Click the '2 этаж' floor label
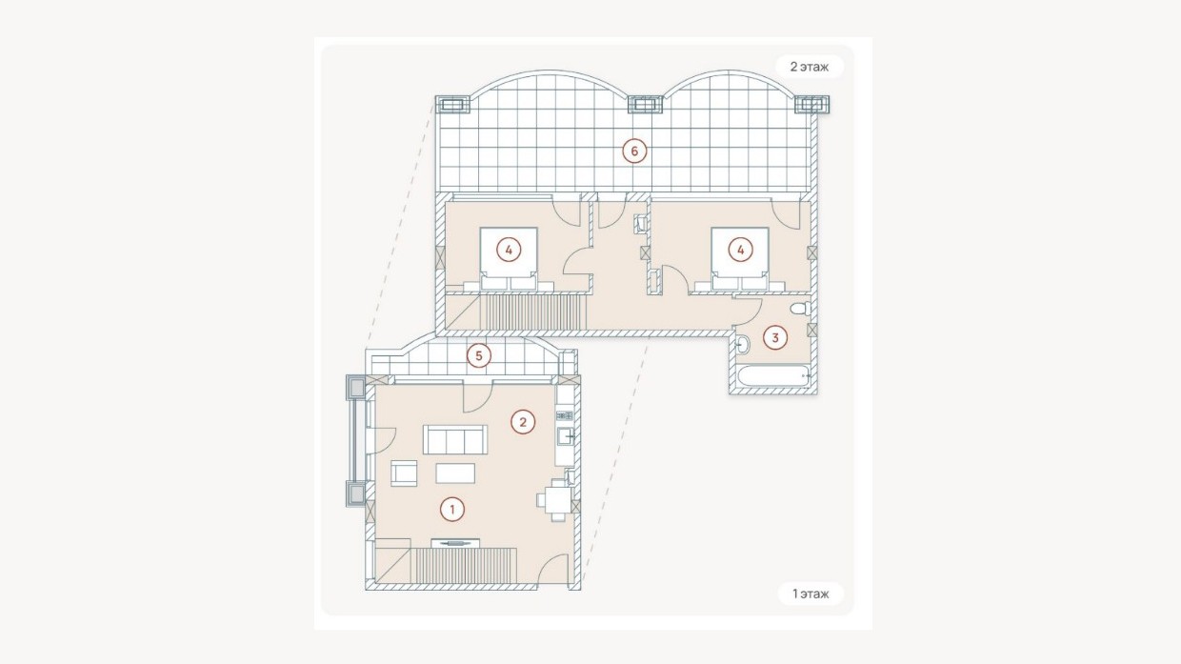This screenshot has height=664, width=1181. point(810,67)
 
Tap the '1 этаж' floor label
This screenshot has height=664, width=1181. point(811,594)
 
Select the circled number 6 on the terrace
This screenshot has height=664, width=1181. point(634,151)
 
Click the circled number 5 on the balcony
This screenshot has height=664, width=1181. point(479,356)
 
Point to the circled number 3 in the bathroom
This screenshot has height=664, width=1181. point(775,337)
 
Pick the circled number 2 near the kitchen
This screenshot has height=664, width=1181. point(523,422)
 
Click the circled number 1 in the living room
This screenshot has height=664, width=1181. point(451,510)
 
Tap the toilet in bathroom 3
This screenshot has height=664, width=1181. point(800,309)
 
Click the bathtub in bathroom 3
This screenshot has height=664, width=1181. point(773,376)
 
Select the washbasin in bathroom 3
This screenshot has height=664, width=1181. point(741,345)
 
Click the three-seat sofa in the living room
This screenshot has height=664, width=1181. point(455,439)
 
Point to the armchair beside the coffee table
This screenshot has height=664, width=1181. point(404,473)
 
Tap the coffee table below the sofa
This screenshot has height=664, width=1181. point(455,473)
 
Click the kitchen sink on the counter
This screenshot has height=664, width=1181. point(565,436)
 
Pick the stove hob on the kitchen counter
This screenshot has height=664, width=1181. point(565,415)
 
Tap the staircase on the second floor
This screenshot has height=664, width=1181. point(533,312)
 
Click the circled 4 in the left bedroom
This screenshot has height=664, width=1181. point(509,250)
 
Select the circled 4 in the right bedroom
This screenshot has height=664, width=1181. point(740,250)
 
